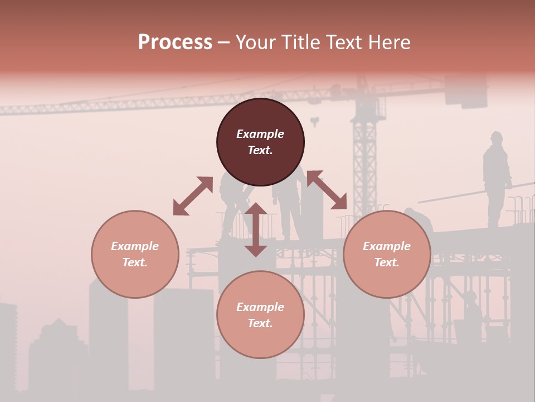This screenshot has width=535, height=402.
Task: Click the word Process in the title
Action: pos(175,42)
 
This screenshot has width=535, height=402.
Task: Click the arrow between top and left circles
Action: pos(193,196)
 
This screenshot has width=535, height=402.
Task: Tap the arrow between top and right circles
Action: pos(327,190)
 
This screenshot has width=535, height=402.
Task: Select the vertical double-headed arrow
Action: pos(256,229)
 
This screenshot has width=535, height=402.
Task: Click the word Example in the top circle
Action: pos(260,134)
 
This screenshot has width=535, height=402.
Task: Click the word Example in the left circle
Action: pos(135,246)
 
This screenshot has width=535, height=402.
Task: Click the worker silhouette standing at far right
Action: pos(495,179)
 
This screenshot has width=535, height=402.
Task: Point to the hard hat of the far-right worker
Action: pos(496,136)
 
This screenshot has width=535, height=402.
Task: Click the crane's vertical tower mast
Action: pos(364,162)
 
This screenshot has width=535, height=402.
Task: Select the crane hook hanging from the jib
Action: pos(315,121)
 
